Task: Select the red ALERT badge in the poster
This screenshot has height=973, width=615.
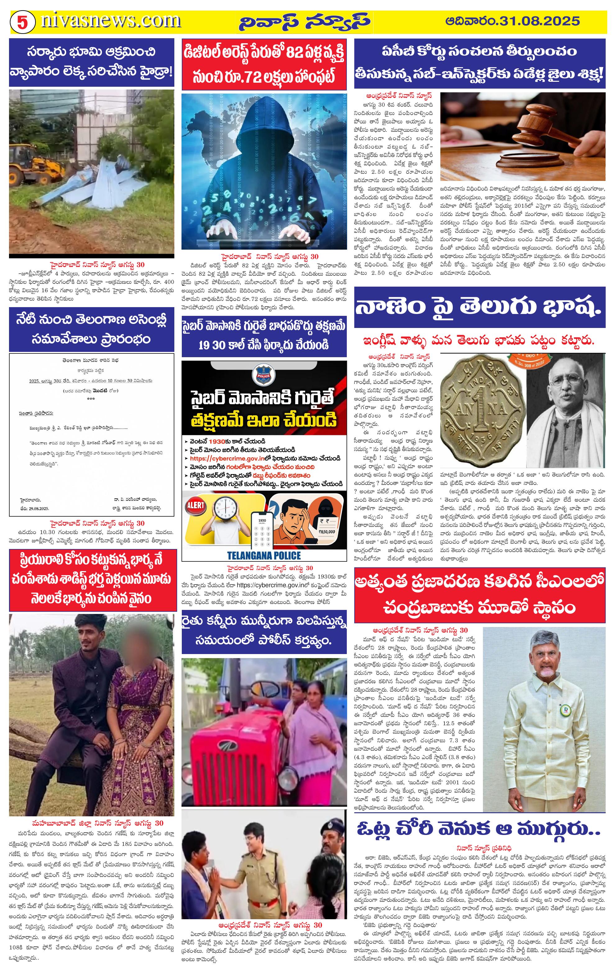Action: point(195,505)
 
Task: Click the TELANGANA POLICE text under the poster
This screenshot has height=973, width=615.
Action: point(264,555)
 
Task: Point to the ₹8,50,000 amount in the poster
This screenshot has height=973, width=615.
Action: point(326,531)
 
